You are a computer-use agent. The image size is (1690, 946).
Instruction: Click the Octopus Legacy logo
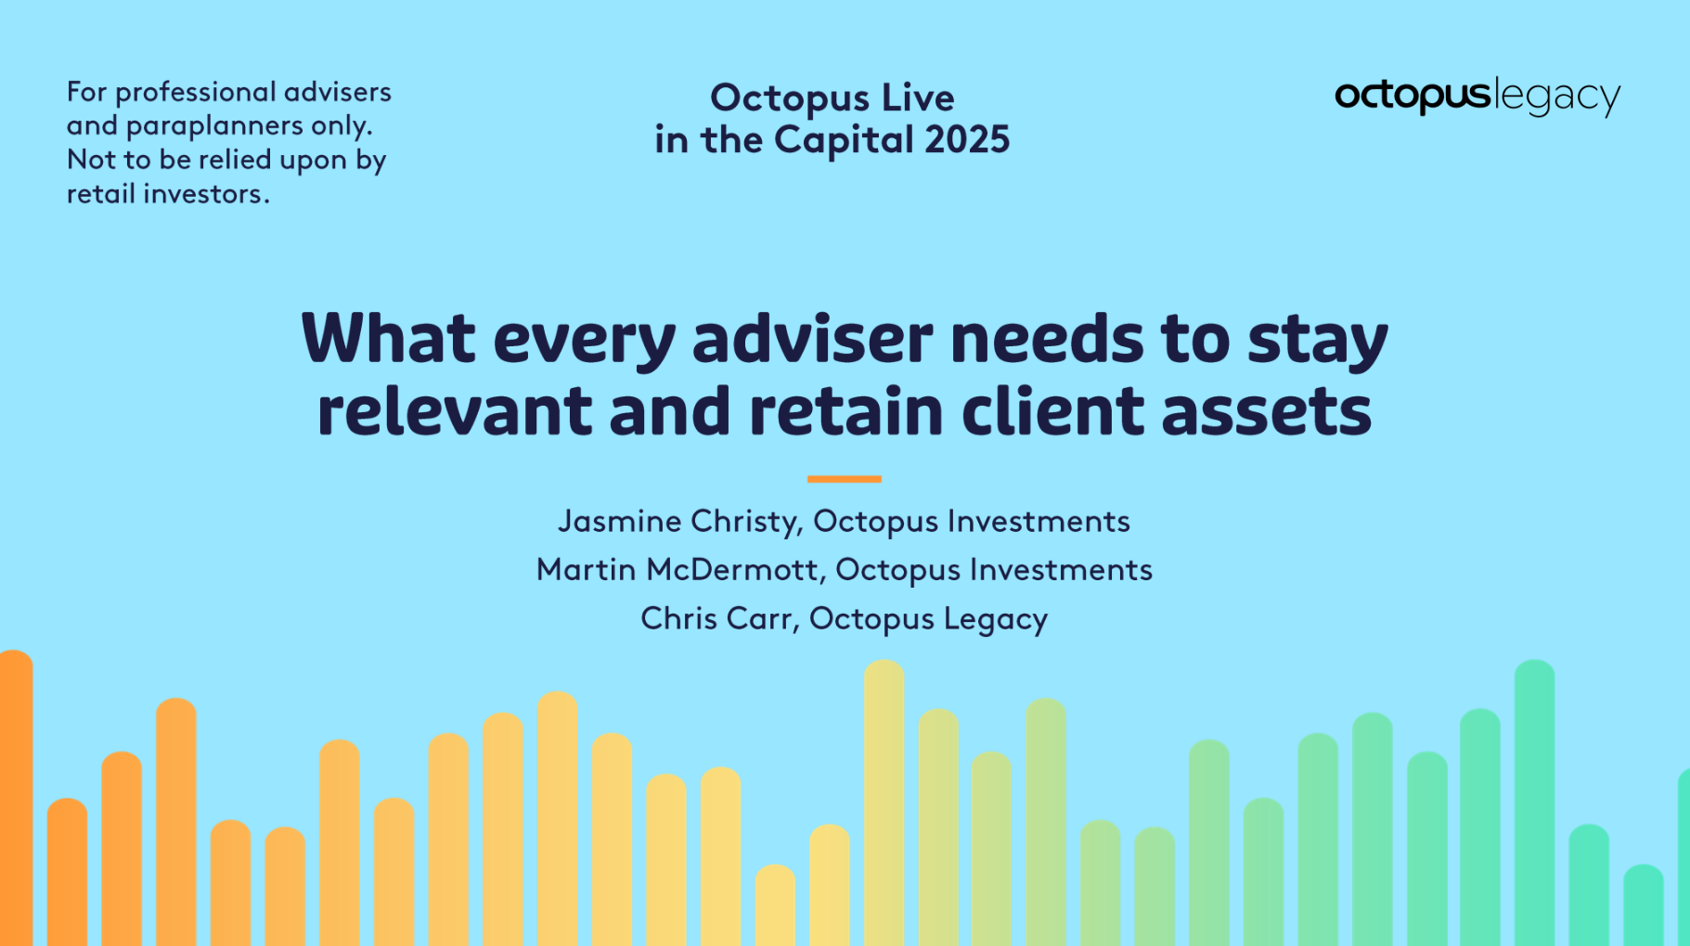pyautogui.click(x=1477, y=97)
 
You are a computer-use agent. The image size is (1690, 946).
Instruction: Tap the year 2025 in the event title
pyautogui.click(x=967, y=139)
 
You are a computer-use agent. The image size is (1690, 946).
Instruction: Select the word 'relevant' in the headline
pyautogui.click(x=454, y=411)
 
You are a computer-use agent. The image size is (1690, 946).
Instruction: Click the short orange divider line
pyautogui.click(x=844, y=479)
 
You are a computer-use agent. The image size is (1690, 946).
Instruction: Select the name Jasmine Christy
pyautogui.click(x=678, y=522)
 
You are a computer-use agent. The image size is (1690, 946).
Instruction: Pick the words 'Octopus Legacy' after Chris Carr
pyautogui.click(x=928, y=619)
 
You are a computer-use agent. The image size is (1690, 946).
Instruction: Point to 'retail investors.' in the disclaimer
pyautogui.click(x=168, y=194)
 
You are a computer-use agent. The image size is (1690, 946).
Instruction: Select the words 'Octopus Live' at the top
pyautogui.click(x=832, y=97)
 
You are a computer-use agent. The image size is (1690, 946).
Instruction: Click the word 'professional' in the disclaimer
pyautogui.click(x=195, y=93)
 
